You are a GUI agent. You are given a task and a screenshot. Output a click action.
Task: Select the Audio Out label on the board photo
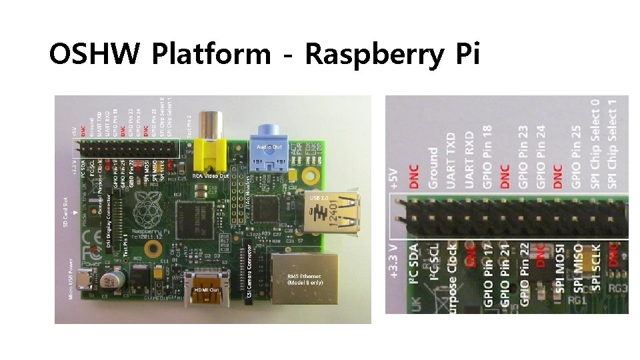pyautogui.click(x=269, y=147)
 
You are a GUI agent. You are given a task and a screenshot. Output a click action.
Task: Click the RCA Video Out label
pyautogui.click(x=211, y=175)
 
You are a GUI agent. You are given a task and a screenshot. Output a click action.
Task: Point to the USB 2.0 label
pyautogui.click(x=319, y=198)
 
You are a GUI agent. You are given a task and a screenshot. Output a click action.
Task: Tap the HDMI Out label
pyautogui.click(x=207, y=290)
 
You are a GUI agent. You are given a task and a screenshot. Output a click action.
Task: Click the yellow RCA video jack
pyautogui.click(x=215, y=153)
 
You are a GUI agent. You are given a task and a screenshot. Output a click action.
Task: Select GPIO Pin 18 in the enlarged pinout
pyautogui.click(x=488, y=156)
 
